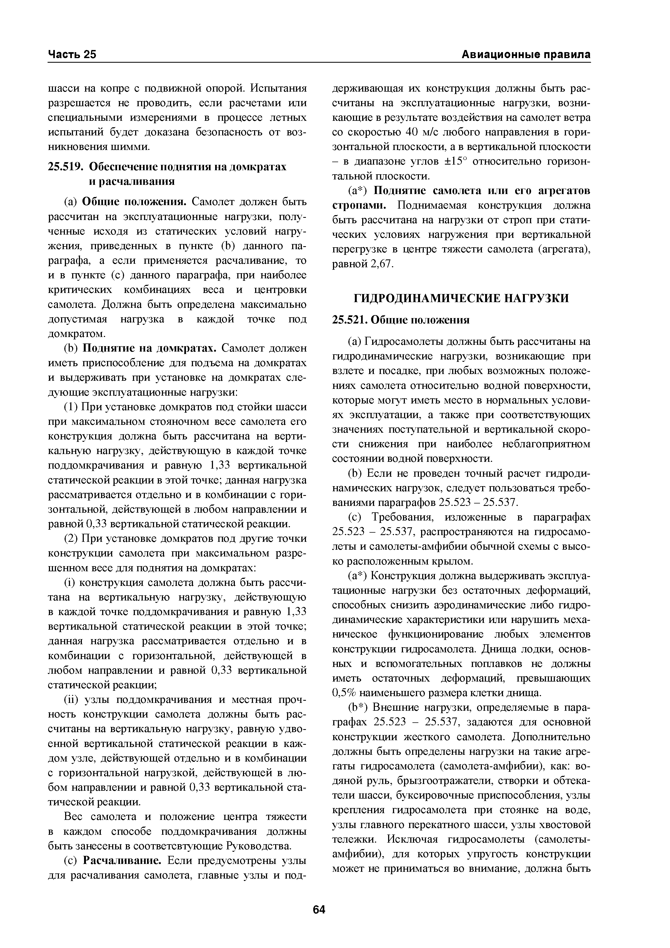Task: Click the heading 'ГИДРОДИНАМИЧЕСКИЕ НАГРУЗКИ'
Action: pos(461,298)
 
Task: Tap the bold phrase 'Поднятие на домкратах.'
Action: pos(150,348)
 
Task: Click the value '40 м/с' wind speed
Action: pos(426,132)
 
